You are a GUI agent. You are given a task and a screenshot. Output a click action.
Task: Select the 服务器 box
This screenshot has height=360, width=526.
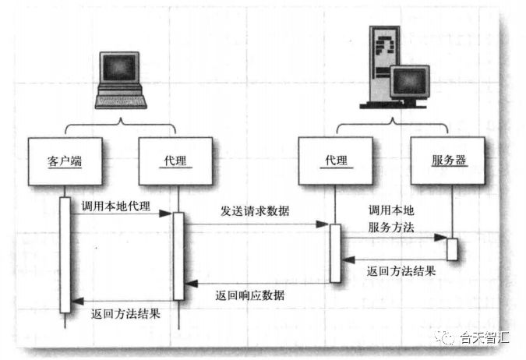(448, 161)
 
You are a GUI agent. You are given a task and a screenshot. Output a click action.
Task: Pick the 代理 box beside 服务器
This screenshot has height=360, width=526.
(334, 161)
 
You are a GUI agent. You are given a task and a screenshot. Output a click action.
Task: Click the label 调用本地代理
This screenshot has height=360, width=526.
(115, 206)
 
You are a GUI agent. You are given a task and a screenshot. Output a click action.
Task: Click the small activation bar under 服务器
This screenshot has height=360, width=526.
(451, 248)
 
